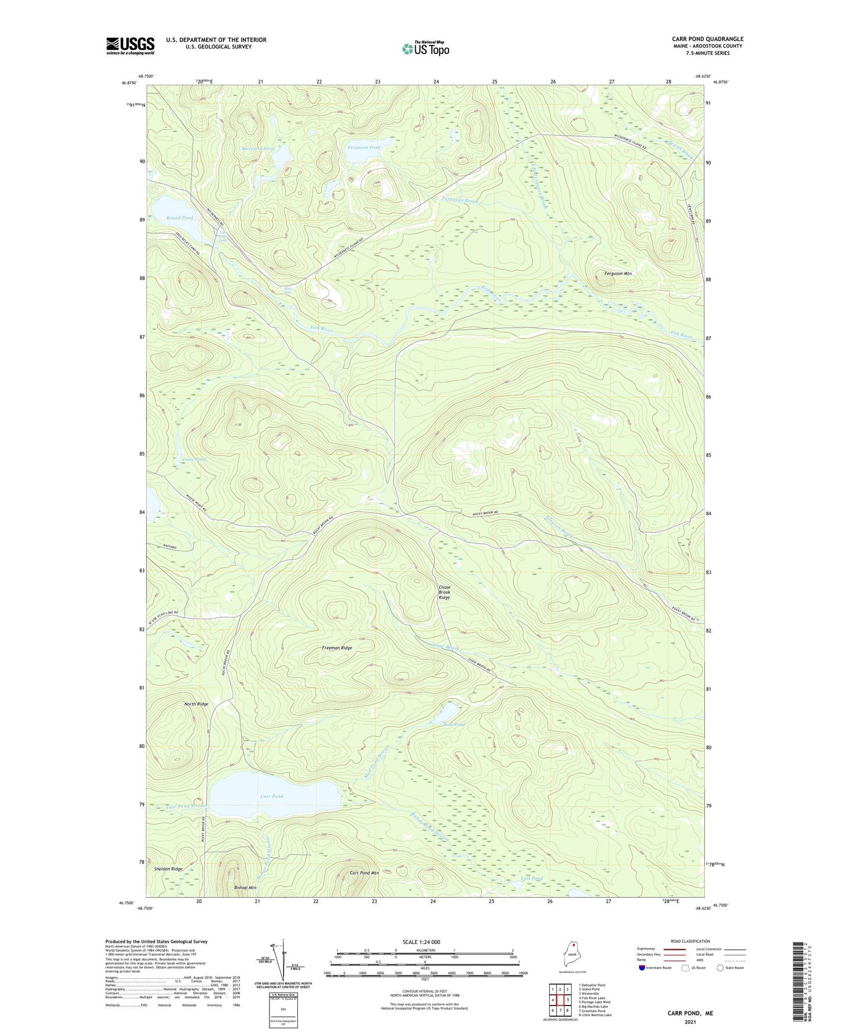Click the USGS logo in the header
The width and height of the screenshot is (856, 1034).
click(130, 46)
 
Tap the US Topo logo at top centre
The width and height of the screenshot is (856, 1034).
click(425, 49)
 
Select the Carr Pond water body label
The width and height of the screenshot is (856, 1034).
click(272, 796)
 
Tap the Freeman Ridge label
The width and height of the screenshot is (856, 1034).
click(337, 648)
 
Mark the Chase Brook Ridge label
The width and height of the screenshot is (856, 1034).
click(444, 592)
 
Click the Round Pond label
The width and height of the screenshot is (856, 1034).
click(179, 218)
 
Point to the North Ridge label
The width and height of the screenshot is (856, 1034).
click(196, 704)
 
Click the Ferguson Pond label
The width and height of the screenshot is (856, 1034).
click(364, 147)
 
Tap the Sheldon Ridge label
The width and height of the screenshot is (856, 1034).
click(168, 869)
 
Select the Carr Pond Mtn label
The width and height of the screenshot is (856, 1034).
click(364, 873)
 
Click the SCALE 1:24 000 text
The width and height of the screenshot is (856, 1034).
click(421, 942)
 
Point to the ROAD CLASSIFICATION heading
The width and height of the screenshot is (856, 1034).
click(691, 941)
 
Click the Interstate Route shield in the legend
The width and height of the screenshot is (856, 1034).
click(643, 968)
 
